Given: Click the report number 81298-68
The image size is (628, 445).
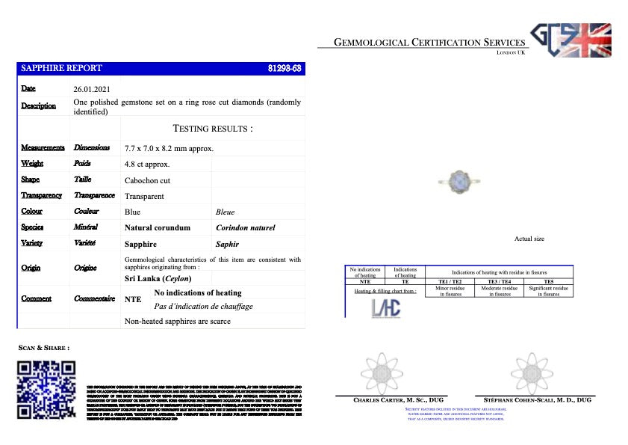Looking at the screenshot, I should point(285,68).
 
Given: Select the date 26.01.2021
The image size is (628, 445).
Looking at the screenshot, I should point(92,89).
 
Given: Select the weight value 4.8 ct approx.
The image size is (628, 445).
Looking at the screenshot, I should point(147,164).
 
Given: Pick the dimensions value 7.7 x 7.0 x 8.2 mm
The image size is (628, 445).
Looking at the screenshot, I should point(170,148).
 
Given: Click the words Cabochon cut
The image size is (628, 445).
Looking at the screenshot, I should point(147,180).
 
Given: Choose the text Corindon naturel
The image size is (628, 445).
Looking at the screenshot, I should point(245,227).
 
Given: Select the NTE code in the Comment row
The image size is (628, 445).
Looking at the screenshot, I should point(133,298).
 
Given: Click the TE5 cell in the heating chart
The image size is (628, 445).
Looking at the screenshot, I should point(549,281).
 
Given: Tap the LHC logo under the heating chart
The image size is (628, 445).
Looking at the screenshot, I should point(386,308).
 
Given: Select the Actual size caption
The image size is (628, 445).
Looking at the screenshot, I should point(529,239).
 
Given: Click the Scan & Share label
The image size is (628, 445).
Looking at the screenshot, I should point(44,348).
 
